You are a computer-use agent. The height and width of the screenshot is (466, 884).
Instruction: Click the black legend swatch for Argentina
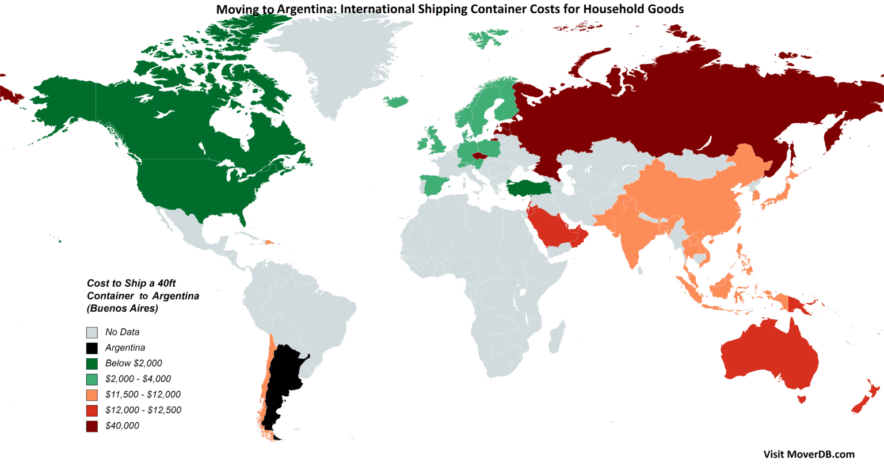(x=92, y=348)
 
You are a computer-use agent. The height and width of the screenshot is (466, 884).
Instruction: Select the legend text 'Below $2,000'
(x=134, y=363)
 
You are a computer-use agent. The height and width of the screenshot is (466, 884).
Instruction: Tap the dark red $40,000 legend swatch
(x=92, y=426)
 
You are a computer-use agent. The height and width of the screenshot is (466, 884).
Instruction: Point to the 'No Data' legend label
(x=122, y=332)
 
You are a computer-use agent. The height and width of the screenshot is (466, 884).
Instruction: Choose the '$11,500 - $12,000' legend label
(x=143, y=395)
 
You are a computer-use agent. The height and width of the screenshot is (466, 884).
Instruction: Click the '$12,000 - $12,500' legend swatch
(x=92, y=411)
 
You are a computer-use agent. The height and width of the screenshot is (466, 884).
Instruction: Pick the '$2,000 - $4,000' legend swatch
(x=92, y=379)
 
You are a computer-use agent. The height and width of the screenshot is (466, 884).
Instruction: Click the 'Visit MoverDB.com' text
(x=809, y=454)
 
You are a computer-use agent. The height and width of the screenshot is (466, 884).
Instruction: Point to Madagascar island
(x=556, y=340)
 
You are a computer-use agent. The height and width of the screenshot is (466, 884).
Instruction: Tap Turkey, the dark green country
(x=527, y=187)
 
